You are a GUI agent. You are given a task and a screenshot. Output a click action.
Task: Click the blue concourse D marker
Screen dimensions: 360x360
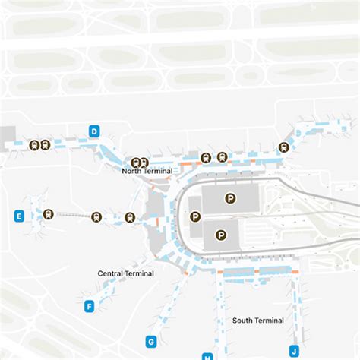coord(94,131)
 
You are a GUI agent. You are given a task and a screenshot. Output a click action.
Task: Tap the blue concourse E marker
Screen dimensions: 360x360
coord(19,216)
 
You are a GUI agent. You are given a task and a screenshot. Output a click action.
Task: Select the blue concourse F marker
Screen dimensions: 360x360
coord(89,307)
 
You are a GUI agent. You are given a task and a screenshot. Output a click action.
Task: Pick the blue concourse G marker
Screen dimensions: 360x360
coord(151,342)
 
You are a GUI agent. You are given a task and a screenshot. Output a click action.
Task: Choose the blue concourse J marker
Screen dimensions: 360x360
coord(294,350)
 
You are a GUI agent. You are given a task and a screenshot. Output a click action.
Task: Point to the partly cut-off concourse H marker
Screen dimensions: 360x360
coord(207,356)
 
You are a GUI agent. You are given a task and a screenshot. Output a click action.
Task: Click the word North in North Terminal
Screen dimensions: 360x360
coord(133,172)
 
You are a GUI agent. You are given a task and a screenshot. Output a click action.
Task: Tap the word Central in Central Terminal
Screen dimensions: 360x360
coord(111,273)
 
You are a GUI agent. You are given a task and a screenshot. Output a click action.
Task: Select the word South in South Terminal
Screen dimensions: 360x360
coord(244,321)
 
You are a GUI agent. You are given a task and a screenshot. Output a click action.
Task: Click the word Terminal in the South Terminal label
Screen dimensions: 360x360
coord(270,321)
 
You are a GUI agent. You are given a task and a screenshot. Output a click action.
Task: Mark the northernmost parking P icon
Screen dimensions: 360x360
coord(231,198)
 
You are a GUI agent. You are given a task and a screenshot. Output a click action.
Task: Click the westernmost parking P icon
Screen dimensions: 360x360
coord(195,216)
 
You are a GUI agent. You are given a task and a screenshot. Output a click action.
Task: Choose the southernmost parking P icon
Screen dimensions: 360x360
coord(221,235)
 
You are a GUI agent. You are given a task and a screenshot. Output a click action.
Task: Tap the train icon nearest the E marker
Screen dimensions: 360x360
coord(49,214)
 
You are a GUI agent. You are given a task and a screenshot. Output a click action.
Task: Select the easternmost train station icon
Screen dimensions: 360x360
coord(283,147)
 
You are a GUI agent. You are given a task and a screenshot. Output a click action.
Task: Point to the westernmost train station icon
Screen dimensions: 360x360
coord(33,144)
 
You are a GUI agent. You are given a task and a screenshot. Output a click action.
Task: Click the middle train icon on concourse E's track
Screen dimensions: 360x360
coord(96,216)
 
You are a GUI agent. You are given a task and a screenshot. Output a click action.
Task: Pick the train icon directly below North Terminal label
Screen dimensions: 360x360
coord(130,217)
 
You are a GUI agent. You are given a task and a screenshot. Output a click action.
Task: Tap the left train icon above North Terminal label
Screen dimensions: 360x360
coord(136,162)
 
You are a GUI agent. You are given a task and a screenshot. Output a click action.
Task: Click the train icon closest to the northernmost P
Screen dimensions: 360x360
coord(222,157)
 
